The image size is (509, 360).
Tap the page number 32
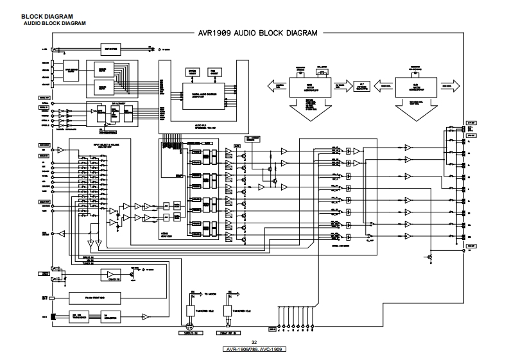pos(254,342)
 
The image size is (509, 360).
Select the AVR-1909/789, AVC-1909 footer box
pos(254,349)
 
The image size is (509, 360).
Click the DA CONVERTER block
pos(114,316)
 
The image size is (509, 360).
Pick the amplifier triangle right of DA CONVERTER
pos(146,317)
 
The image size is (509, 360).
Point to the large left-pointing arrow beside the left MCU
pos(279,85)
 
